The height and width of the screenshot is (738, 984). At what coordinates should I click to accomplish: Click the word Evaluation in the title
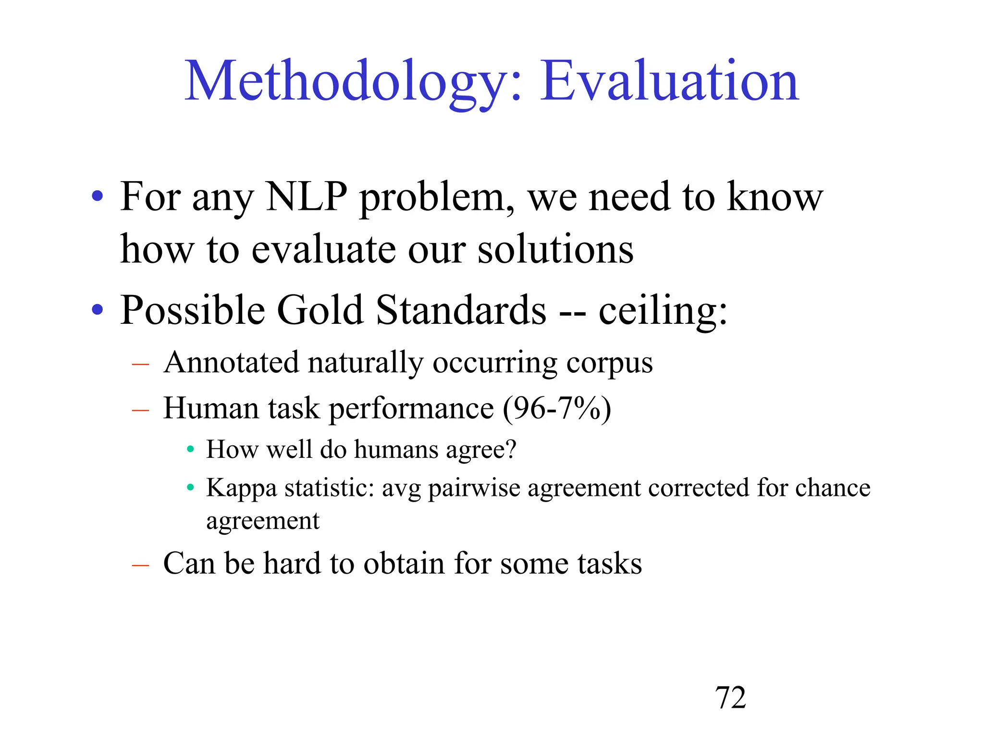[x=669, y=82]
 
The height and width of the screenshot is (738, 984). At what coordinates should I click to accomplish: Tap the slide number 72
[x=730, y=697]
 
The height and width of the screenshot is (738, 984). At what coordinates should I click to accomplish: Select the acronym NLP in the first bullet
[x=306, y=197]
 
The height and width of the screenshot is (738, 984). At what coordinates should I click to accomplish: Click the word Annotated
[x=231, y=362]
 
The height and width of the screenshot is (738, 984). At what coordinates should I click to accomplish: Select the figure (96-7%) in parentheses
[x=557, y=409]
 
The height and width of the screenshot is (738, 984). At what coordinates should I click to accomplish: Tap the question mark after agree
[x=511, y=449]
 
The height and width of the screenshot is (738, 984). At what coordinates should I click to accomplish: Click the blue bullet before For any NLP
[x=98, y=196]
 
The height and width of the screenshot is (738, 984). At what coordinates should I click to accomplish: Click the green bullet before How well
[x=190, y=450]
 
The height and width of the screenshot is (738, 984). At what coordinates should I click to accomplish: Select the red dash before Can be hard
[x=140, y=566]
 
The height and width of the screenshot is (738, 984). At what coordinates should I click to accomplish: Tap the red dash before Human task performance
[x=140, y=411]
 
